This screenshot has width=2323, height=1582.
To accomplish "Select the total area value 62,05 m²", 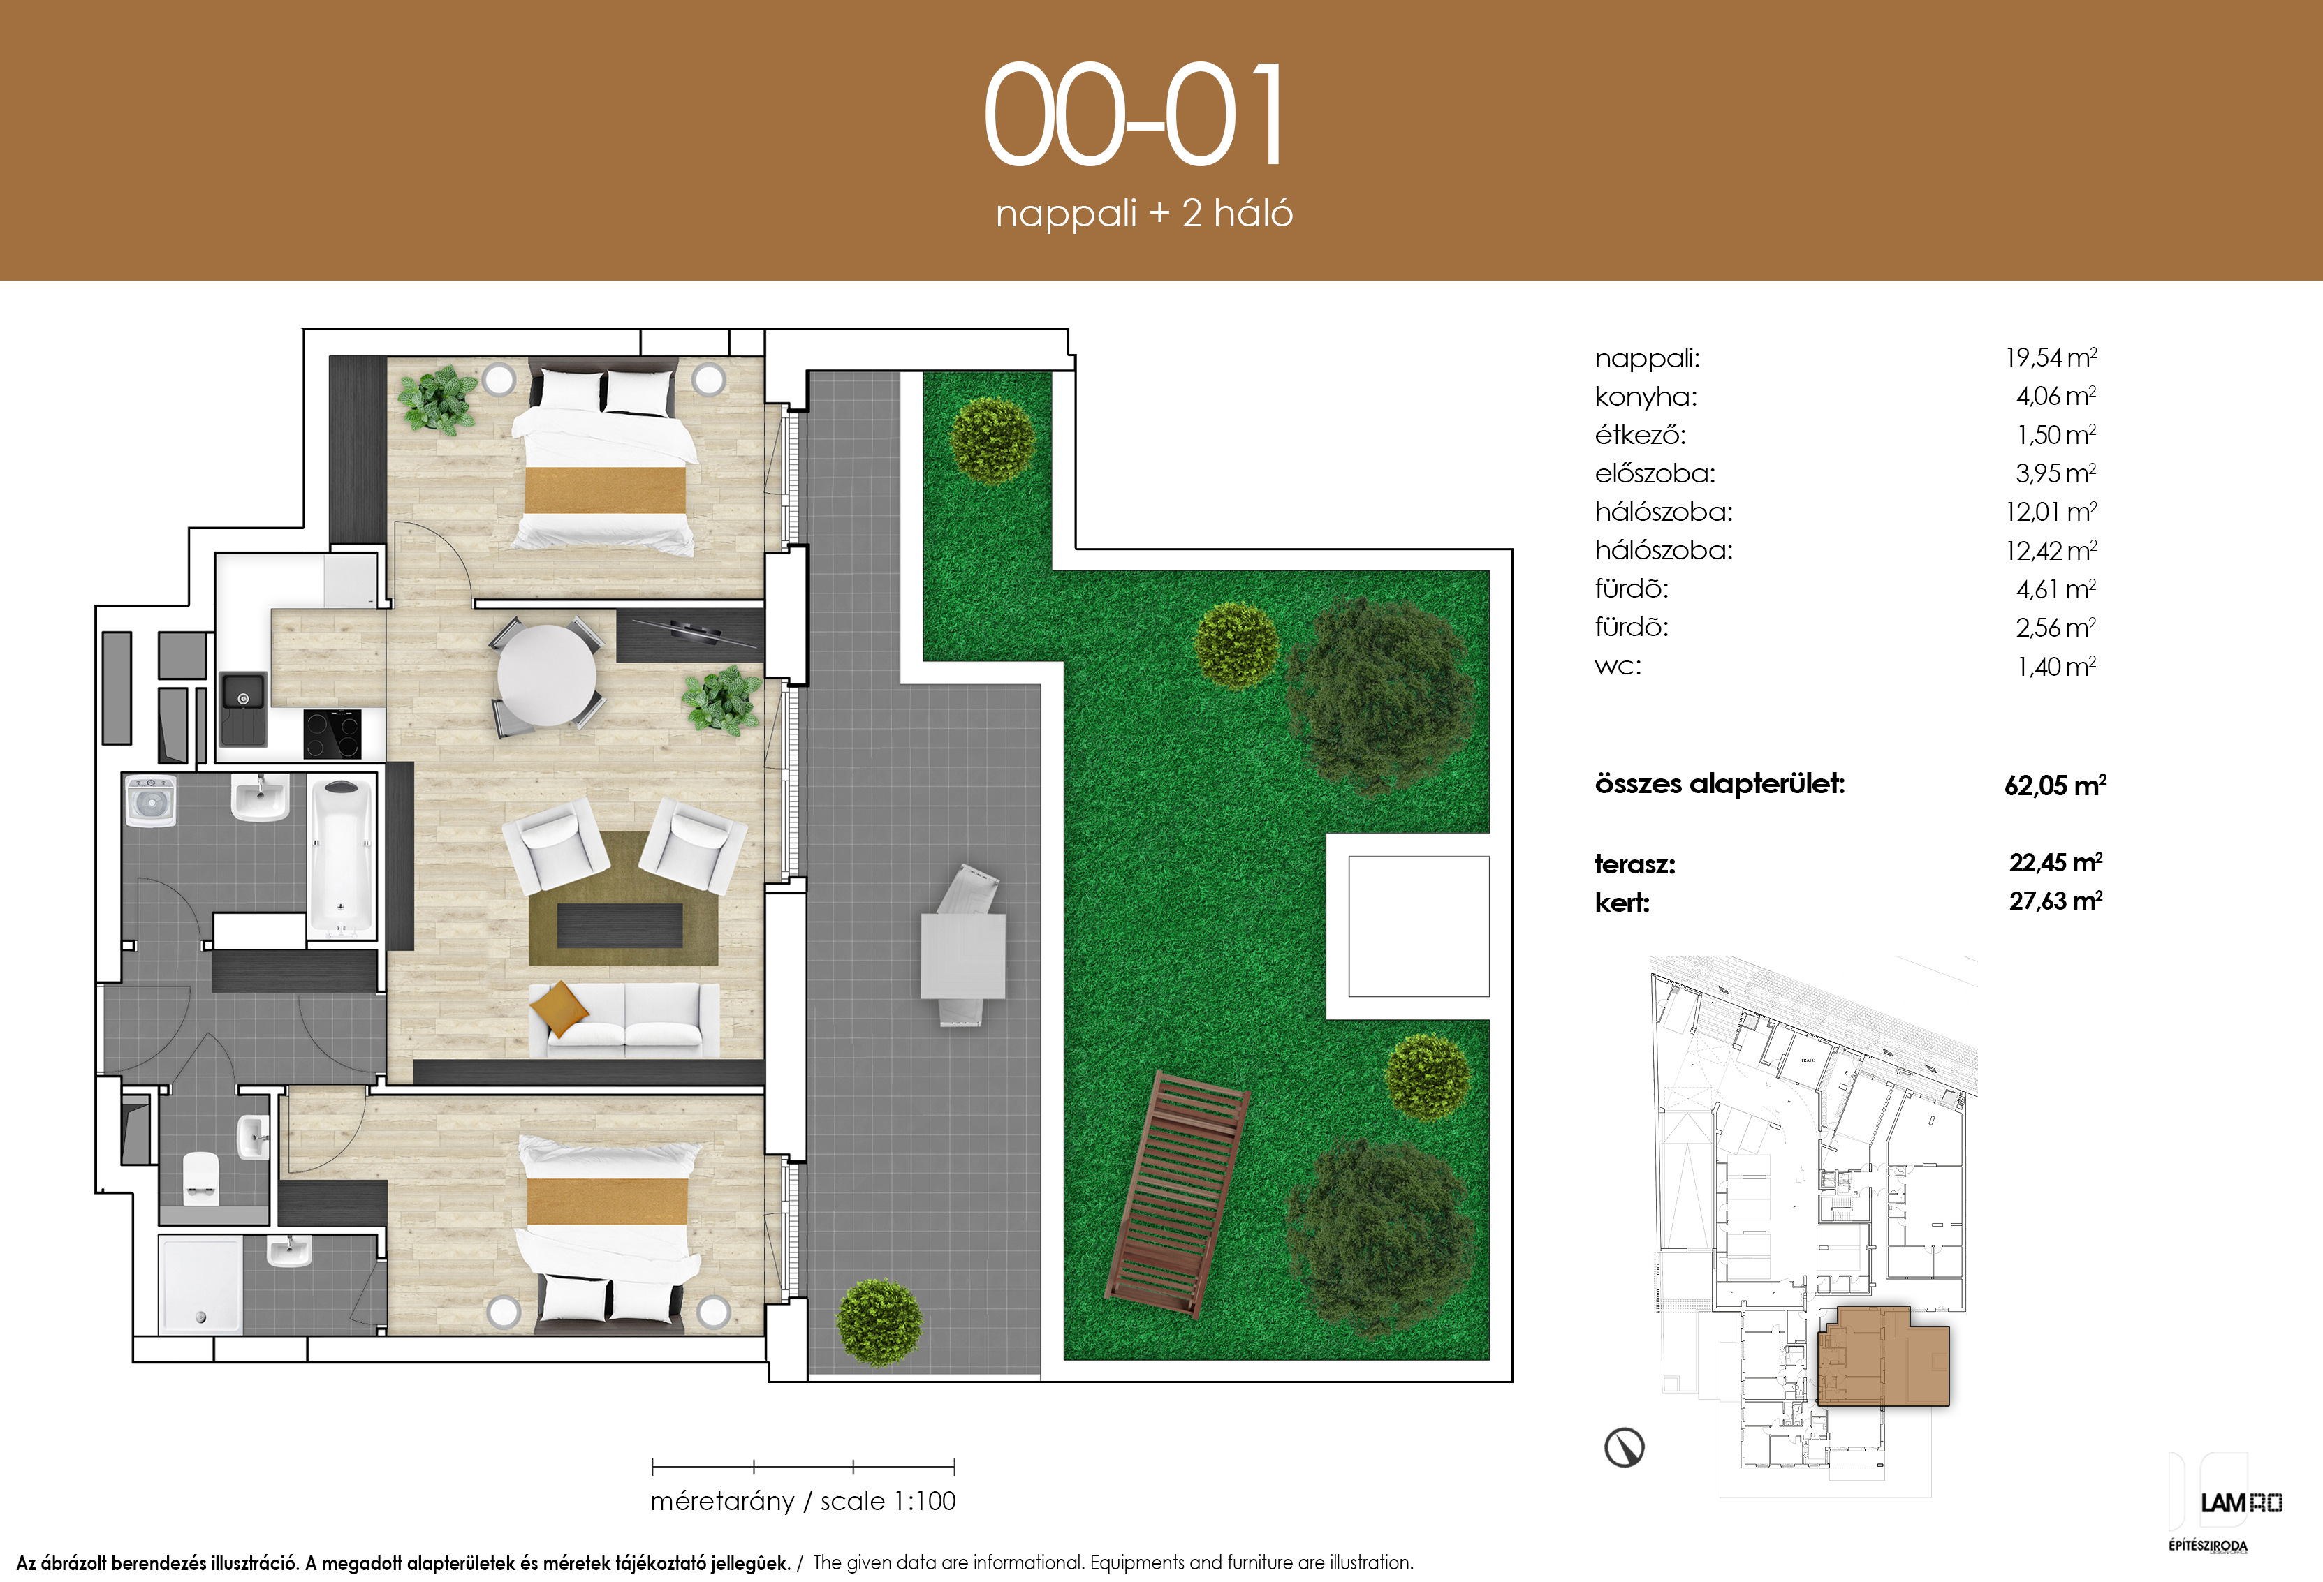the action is click(2055, 785).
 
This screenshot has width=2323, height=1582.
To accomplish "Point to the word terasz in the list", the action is click(1634, 864).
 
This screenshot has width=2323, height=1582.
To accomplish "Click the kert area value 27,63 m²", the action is click(2056, 901).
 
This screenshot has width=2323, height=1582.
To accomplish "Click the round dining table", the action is click(547, 676).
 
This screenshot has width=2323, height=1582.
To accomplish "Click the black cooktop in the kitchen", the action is click(332, 734).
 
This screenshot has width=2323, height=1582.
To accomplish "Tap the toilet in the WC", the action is click(201, 1178).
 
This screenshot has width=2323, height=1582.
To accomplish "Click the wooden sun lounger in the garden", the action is click(1178, 1193).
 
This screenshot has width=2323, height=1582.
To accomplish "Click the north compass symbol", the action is click(1625, 1446).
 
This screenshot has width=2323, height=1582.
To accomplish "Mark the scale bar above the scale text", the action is click(804, 1467).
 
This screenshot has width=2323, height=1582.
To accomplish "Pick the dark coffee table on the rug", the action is click(620, 926).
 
